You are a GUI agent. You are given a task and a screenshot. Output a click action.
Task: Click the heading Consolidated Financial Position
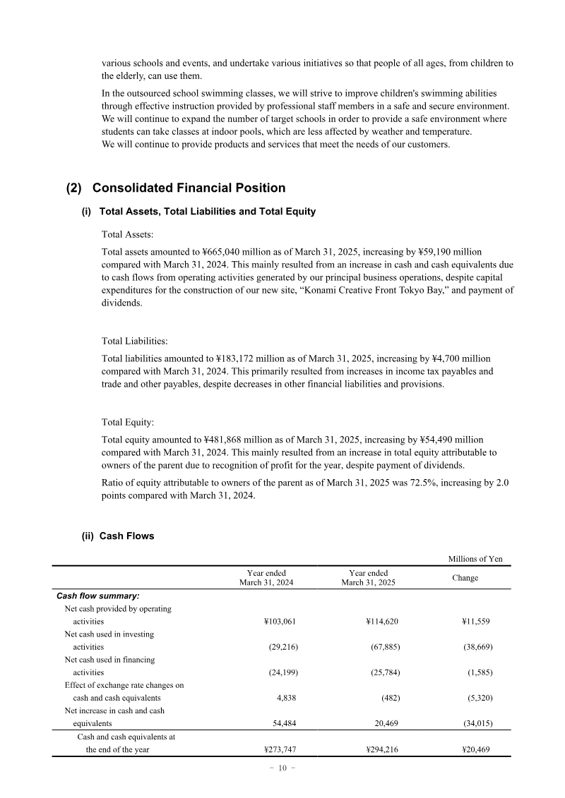189,188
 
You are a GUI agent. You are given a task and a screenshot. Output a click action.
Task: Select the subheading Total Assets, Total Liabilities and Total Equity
208,212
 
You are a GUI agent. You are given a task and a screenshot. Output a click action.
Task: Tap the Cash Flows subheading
126,536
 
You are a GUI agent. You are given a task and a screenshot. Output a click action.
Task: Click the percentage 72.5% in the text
417,483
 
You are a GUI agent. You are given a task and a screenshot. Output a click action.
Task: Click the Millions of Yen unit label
475,559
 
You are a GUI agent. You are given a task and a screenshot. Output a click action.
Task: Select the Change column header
465,578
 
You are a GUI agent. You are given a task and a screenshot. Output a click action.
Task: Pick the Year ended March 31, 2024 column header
266,578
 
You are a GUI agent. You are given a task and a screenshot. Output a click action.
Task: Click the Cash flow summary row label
97,596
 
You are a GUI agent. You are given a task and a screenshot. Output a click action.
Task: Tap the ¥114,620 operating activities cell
383,622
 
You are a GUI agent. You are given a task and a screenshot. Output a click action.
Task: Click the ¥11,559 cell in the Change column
476,622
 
